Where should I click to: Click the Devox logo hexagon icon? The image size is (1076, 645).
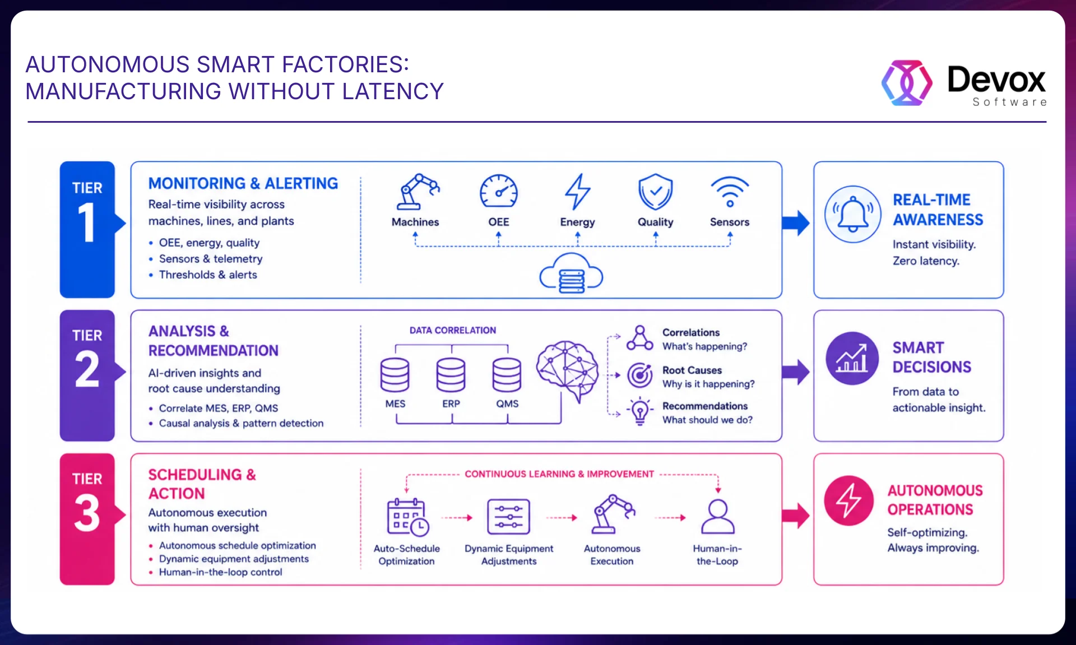click(907, 83)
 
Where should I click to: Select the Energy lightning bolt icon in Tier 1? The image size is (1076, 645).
click(577, 192)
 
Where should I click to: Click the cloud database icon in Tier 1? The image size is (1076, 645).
click(571, 273)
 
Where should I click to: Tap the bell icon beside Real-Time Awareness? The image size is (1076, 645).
click(852, 214)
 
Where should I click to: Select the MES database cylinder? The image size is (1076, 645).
click(395, 375)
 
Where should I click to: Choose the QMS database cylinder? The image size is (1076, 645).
click(507, 375)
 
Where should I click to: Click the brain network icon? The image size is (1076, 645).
click(567, 370)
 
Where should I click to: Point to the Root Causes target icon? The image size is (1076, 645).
click(640, 375)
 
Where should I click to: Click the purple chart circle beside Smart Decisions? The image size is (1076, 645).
click(852, 359)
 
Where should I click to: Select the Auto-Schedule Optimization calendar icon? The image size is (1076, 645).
click(408, 517)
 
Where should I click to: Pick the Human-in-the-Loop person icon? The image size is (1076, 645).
click(718, 517)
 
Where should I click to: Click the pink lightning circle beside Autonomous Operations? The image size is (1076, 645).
click(849, 500)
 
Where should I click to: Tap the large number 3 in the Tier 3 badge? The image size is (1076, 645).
click(87, 513)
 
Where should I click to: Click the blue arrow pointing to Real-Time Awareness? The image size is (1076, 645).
click(796, 222)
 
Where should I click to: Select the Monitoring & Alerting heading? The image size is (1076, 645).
click(243, 183)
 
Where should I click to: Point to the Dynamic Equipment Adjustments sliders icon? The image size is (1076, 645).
click(508, 517)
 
